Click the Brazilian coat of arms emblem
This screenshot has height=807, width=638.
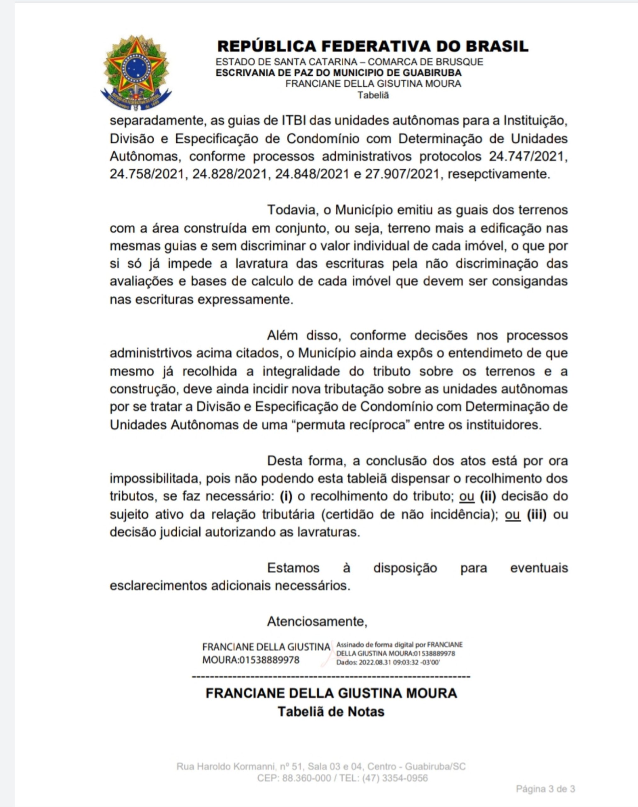click(x=136, y=72)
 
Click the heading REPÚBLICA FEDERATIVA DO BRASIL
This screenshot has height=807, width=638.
click(x=373, y=46)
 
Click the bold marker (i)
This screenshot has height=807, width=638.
click(x=286, y=496)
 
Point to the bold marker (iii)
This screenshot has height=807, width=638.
click(x=536, y=514)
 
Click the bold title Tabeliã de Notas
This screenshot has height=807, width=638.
click(x=331, y=711)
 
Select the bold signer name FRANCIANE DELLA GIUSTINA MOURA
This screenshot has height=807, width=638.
click(x=331, y=693)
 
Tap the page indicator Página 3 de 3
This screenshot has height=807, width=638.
click(x=545, y=789)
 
